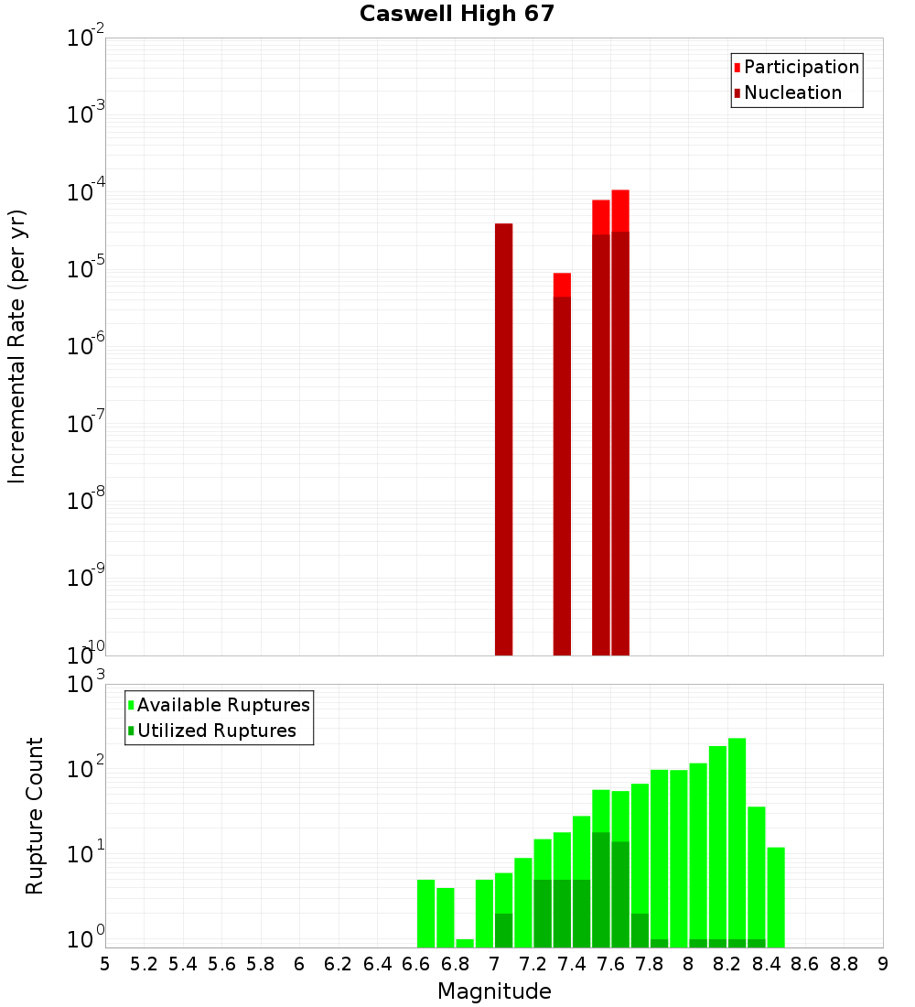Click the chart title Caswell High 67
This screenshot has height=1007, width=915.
click(457, 14)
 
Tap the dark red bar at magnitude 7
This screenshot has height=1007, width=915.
click(503, 439)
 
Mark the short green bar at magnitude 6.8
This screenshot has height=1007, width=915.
click(465, 943)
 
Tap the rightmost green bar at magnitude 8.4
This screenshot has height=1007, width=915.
click(776, 897)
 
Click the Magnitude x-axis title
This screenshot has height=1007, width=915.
click(494, 991)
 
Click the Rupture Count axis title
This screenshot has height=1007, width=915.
click(35, 816)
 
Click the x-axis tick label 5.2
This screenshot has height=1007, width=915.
click(145, 964)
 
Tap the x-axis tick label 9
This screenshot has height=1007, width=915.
click(883, 964)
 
